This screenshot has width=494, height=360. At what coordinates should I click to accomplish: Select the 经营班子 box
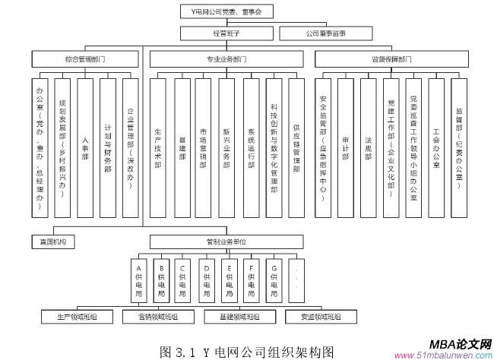224,33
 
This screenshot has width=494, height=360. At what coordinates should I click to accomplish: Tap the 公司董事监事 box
326,33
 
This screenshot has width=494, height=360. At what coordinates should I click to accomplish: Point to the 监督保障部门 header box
392,58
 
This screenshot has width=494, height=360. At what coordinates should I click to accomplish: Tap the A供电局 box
138,280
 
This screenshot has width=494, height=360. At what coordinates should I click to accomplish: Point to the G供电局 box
274,280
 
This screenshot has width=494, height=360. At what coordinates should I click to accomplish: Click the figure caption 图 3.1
247,350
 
